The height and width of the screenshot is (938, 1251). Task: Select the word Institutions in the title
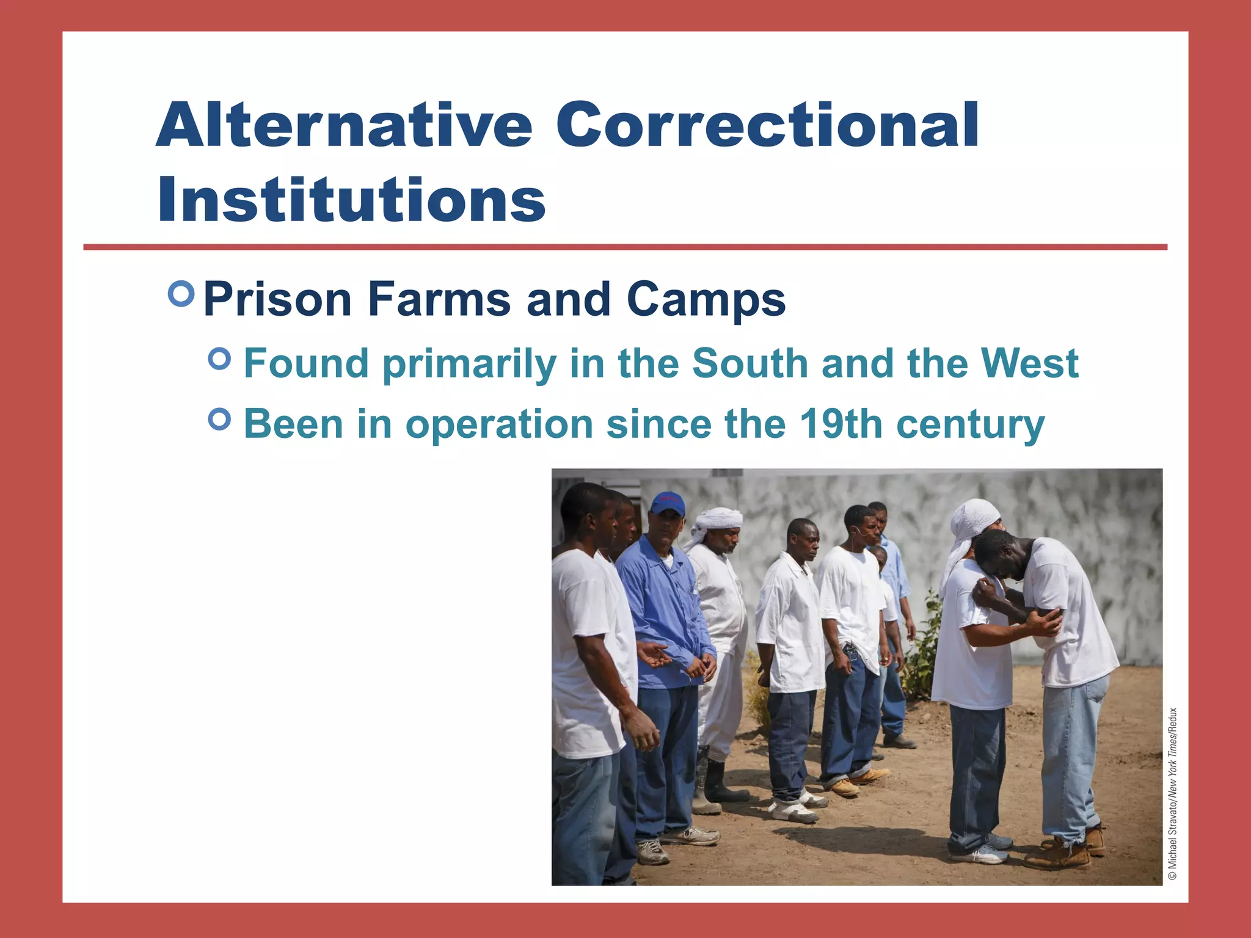351,200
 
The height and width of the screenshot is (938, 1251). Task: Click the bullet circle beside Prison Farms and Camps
181,294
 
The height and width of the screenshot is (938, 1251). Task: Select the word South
750,363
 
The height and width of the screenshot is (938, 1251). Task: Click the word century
971,424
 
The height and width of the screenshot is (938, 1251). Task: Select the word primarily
469,365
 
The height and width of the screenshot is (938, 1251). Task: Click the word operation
499,424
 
